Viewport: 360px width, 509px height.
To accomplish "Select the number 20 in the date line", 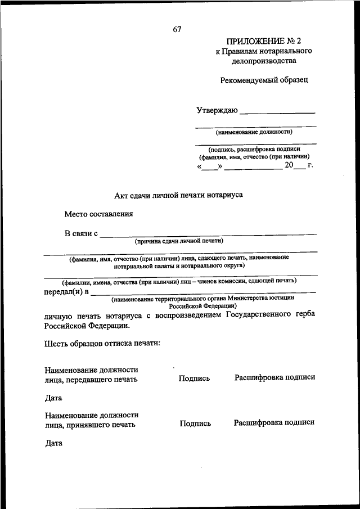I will coord(289,165).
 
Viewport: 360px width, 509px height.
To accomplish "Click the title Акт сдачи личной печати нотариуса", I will coord(178,195).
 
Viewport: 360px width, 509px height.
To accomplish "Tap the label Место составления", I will coord(99,214).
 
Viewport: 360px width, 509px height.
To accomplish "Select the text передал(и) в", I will coord(66,292).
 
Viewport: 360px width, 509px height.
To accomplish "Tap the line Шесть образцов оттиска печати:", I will coord(103,343).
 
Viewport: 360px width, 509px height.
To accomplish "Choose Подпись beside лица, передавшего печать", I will coord(194,379).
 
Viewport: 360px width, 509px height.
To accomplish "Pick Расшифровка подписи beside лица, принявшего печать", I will coord(274,422).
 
